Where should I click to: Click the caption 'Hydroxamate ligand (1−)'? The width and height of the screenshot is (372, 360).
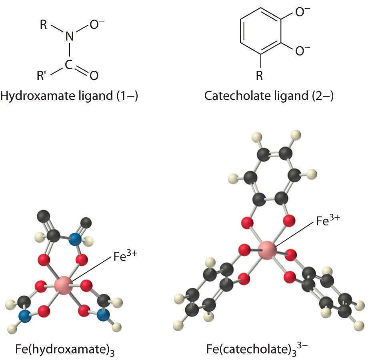coord(69,96)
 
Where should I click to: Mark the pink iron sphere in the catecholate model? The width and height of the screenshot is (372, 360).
coord(267,249)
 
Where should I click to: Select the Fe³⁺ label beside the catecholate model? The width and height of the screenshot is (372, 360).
coord(327,221)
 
